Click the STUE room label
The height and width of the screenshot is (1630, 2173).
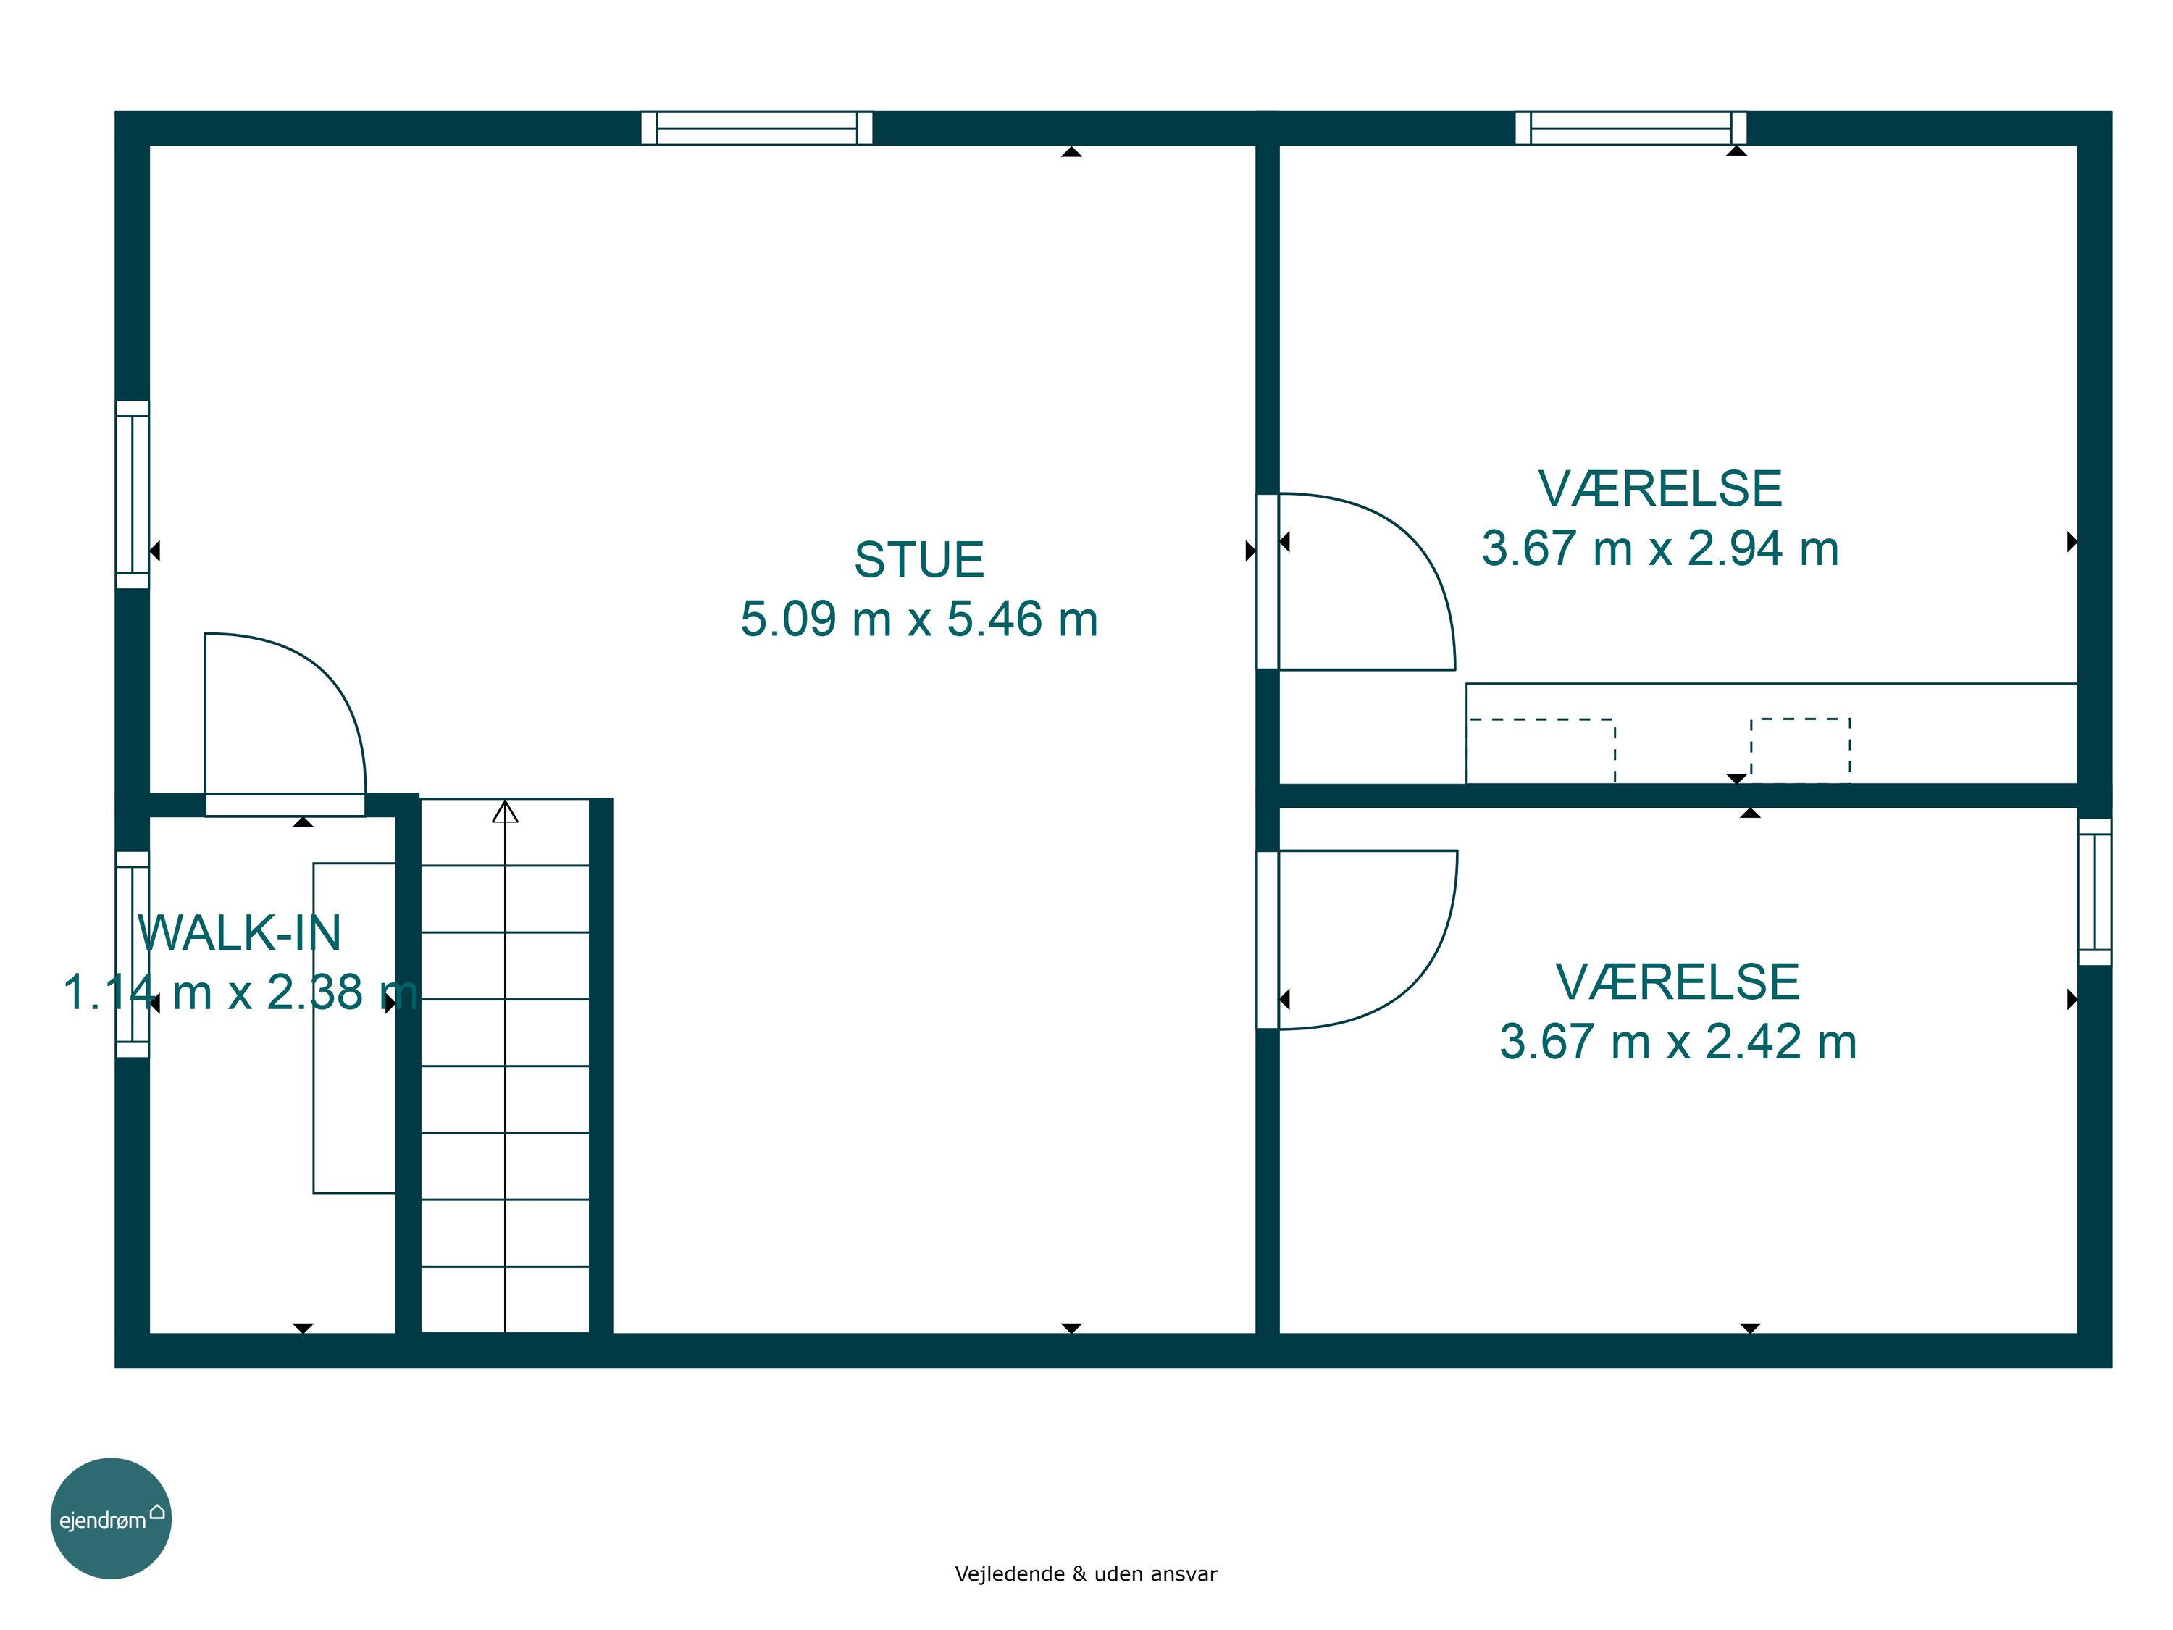click(x=918, y=560)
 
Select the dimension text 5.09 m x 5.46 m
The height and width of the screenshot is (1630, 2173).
click(x=918, y=619)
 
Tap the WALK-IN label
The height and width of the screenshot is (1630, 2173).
click(x=240, y=932)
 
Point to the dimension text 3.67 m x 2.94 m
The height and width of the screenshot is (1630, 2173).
click(x=1660, y=548)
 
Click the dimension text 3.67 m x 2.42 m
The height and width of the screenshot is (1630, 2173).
click(x=1678, y=1042)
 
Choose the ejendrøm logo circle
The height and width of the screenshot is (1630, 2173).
click(x=111, y=1518)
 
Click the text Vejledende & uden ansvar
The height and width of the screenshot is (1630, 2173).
click(x=1086, y=1574)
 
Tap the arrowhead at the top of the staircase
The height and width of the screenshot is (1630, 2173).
click(x=505, y=811)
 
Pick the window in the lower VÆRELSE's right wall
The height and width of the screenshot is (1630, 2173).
click(x=2095, y=891)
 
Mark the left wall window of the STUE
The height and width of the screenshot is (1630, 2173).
click(x=133, y=494)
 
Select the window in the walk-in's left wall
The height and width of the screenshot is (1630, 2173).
click(x=133, y=954)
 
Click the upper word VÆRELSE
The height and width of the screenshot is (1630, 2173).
click(x=1660, y=489)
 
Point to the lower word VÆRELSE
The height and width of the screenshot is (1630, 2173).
click(x=1678, y=982)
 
